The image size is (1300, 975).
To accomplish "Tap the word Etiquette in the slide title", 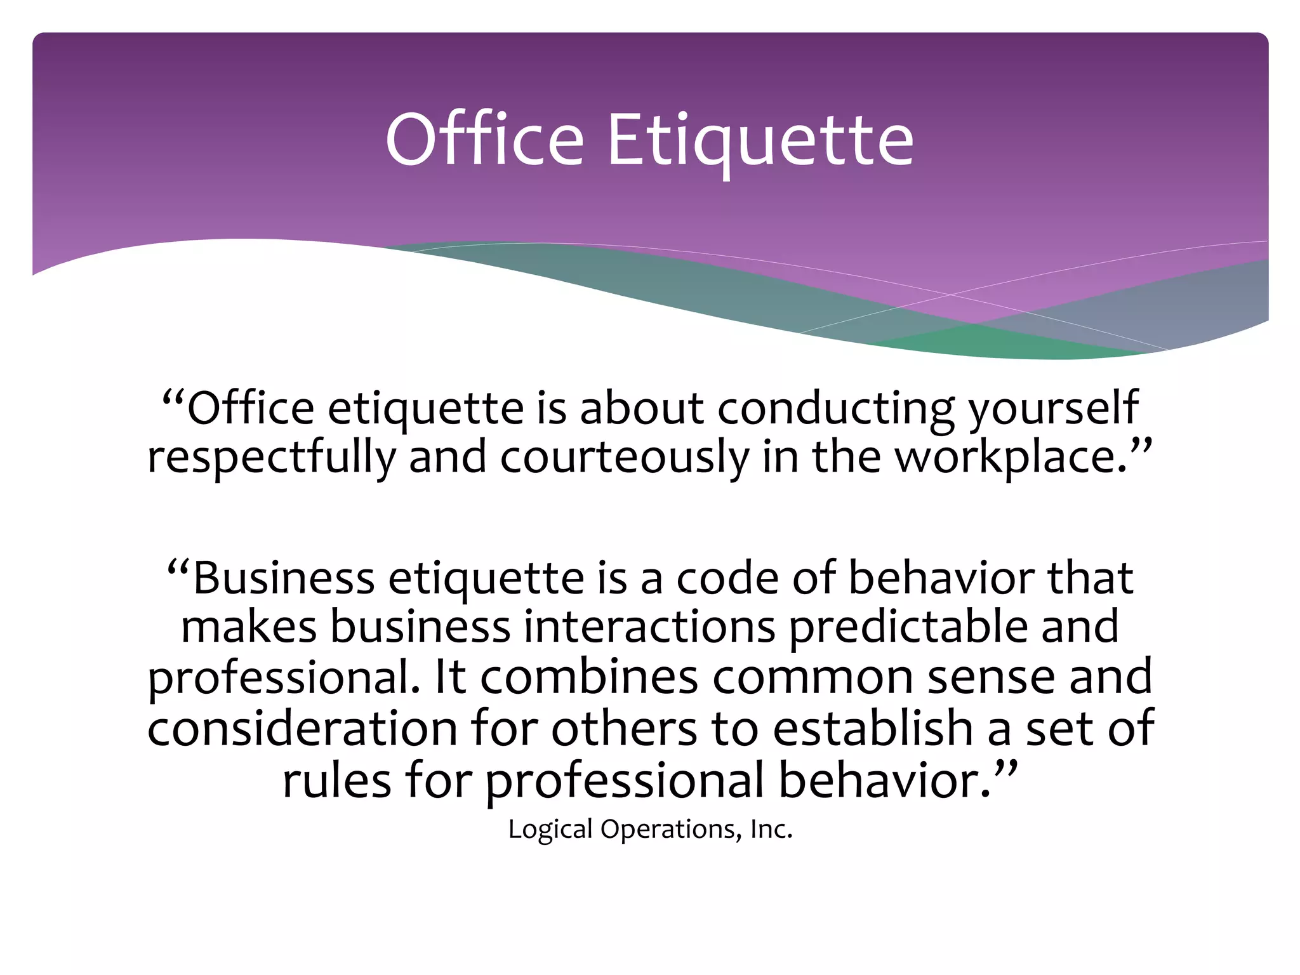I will tap(760, 140).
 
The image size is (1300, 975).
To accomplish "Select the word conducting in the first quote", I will tap(835, 408).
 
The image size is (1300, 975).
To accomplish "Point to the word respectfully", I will tap(272, 458).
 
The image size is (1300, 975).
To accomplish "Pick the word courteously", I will tap(625, 458).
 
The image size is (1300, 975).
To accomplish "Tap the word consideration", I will tap(302, 728).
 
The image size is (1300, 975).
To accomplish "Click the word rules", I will tap(336, 780).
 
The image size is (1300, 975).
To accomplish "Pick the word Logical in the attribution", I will tap(550, 830).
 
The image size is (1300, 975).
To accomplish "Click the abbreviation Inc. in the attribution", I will tap(771, 829).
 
